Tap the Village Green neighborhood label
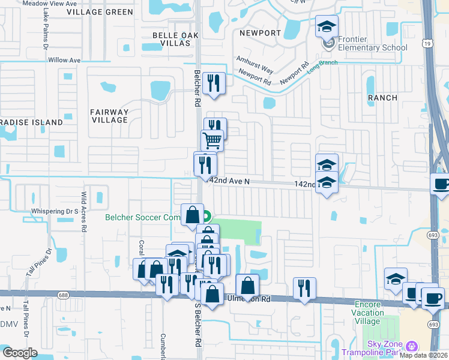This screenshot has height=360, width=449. pyautogui.click(x=100, y=12)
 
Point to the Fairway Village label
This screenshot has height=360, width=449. pyautogui.click(x=109, y=116)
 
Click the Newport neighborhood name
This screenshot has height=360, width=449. pyautogui.click(x=260, y=33)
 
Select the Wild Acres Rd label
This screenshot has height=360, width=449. pyautogui.click(x=84, y=212)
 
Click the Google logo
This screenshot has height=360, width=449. pyautogui.click(x=20, y=353)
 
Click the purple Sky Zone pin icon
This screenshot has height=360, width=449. pyautogui.click(x=411, y=346)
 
